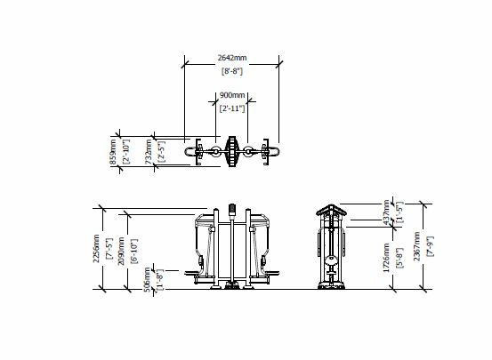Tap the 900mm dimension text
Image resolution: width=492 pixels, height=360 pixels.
tap(233, 95)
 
